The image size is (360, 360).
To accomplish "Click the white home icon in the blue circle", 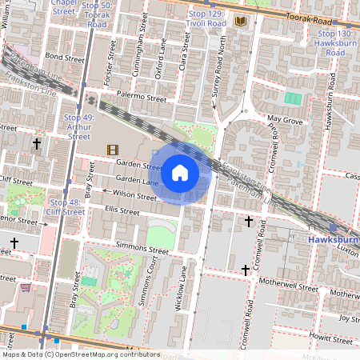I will coord(180,172).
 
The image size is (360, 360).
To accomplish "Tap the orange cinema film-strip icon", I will coord(112,150).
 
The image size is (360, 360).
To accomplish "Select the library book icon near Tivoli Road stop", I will coord(241,22).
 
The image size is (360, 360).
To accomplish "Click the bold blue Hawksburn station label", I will coord(334,239).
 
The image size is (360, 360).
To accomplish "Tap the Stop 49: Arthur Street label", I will coord(78,127).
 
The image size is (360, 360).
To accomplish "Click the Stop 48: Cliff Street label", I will coord(66,207).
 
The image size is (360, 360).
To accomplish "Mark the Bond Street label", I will coord(64,58).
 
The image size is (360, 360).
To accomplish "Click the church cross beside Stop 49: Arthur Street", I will coord(36,144).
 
